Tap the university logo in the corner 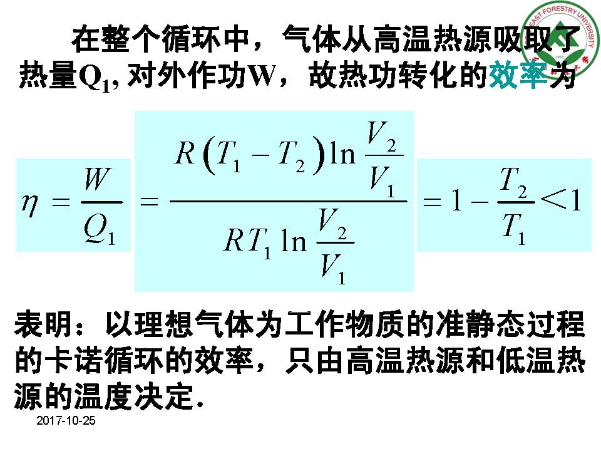click(561, 41)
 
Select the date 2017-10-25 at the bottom click(66, 421)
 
